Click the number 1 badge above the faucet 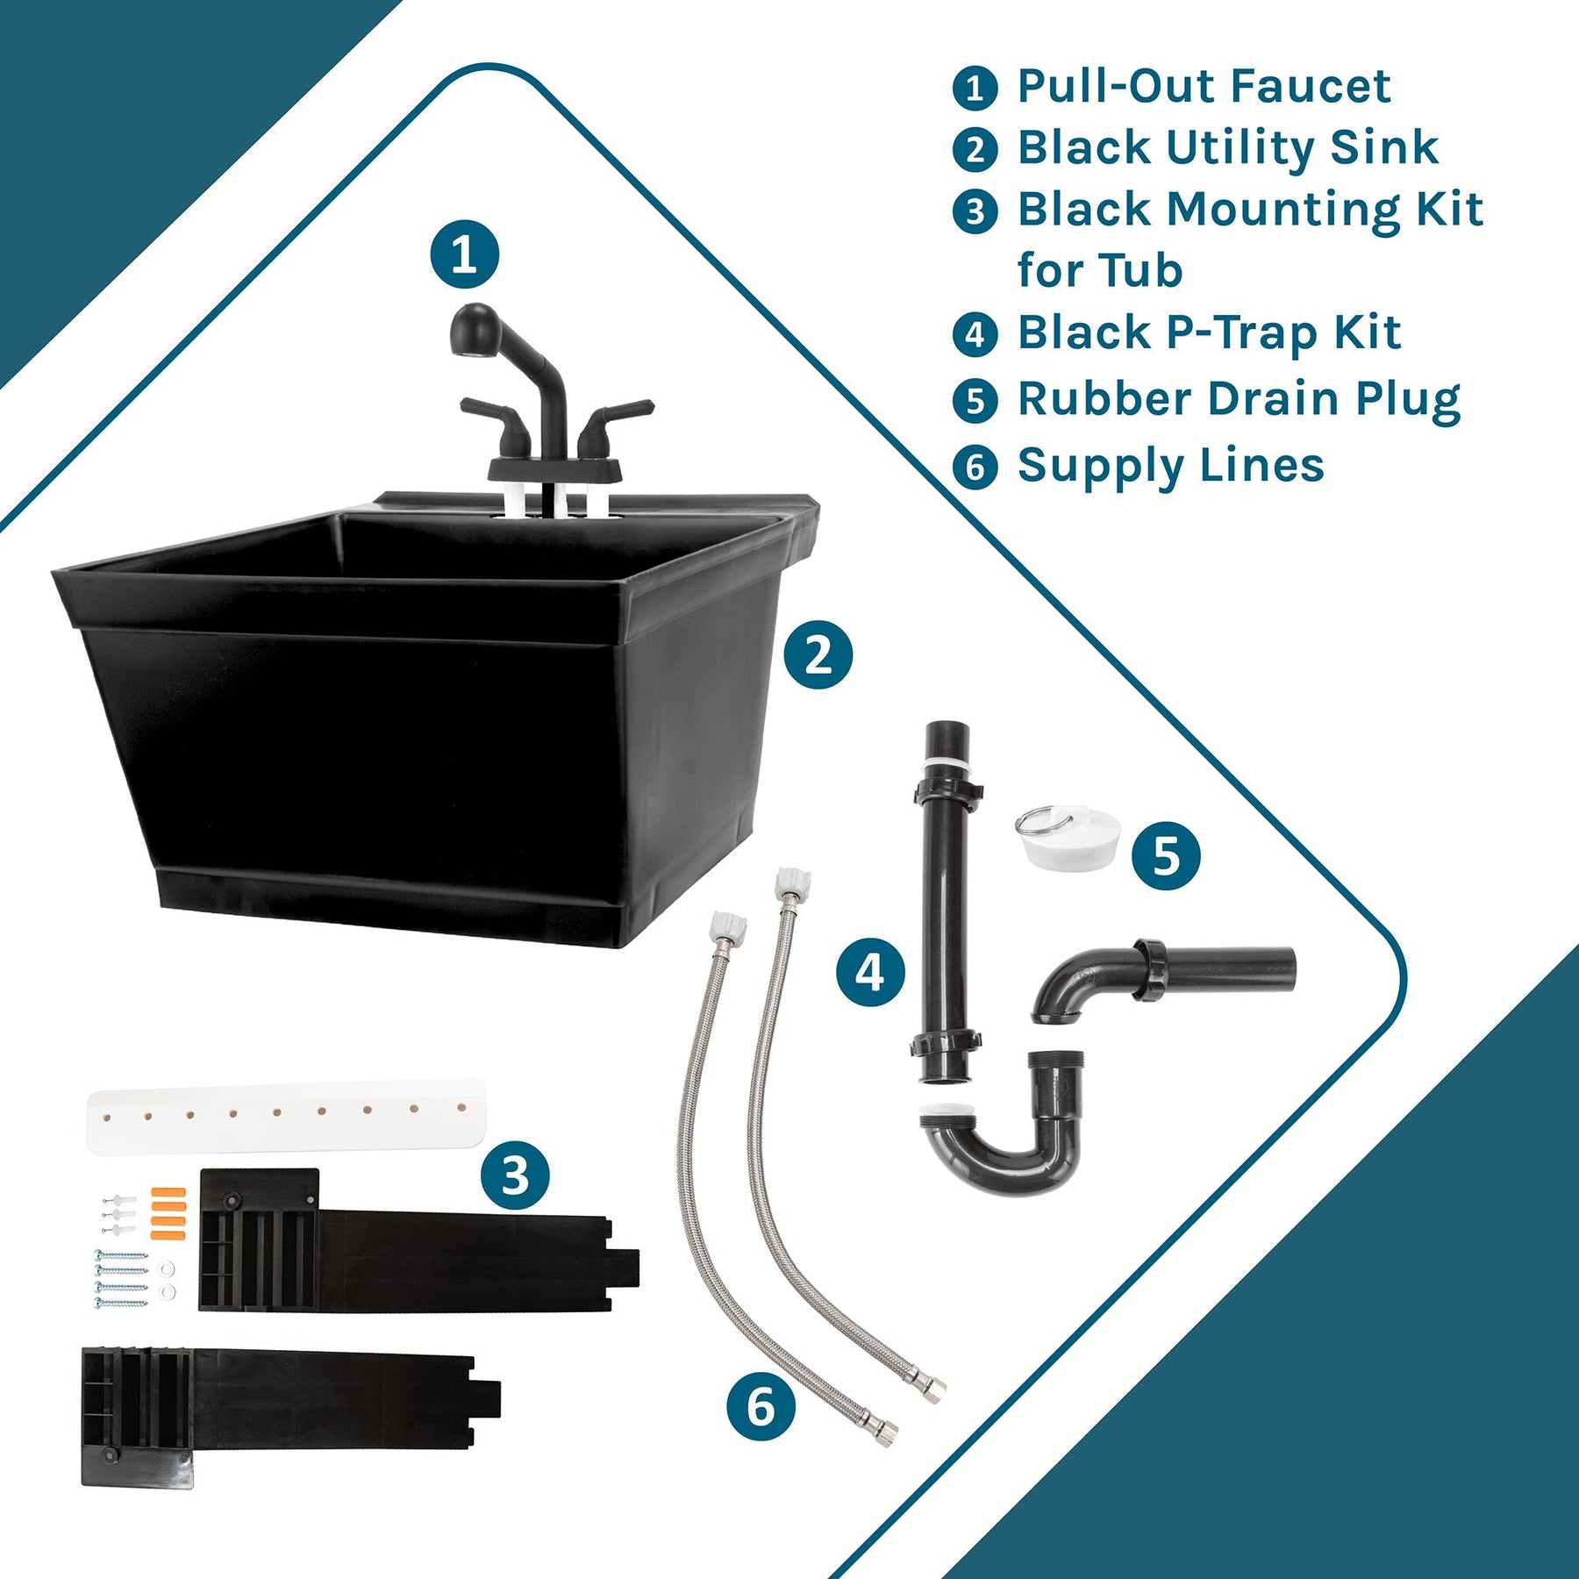click(x=464, y=254)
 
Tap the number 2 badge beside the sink click(x=818, y=654)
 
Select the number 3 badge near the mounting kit click(x=515, y=1175)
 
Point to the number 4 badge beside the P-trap click(x=870, y=972)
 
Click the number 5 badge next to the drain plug click(x=1166, y=855)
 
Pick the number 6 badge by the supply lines click(x=761, y=1405)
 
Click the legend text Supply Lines click(x=1170, y=467)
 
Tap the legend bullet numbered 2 click(x=975, y=149)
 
